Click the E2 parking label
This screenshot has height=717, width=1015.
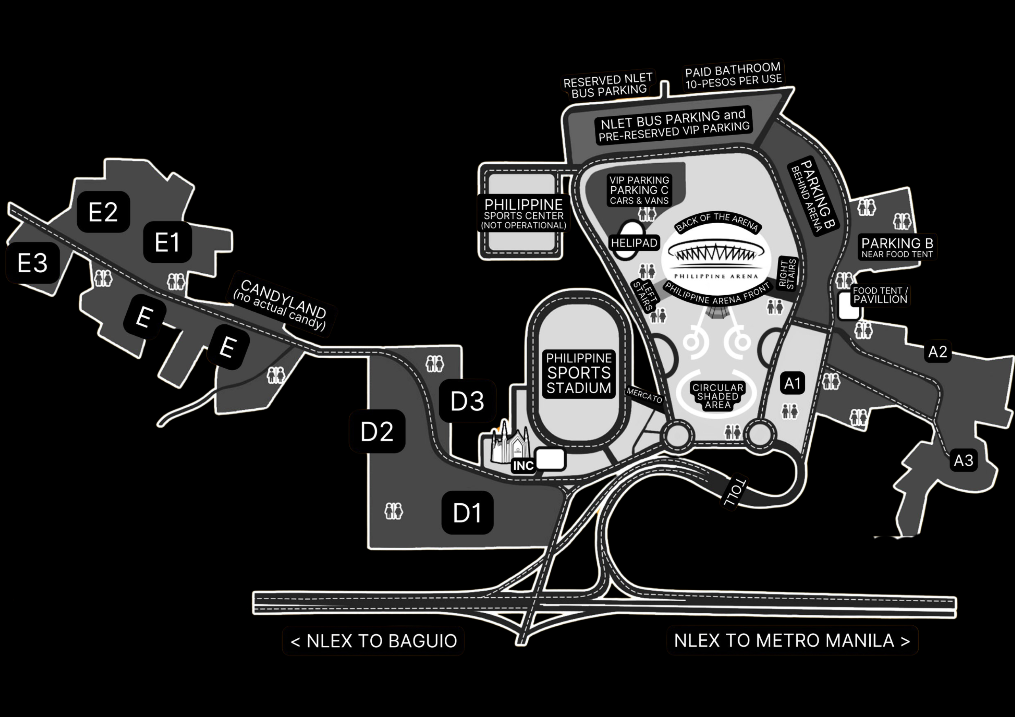pos(103,212)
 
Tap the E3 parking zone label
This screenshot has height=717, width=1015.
pos(32,263)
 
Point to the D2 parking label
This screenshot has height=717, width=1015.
pos(377,432)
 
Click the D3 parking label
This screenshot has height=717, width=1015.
pos(467,401)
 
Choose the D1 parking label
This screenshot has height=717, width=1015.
pos(467,513)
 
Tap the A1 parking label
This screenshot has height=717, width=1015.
pos(792,383)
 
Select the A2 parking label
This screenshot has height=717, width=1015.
pos(938,352)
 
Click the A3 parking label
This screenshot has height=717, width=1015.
pos(964,461)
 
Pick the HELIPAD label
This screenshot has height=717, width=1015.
pos(634,243)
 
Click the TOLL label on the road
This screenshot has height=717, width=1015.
pos(734,492)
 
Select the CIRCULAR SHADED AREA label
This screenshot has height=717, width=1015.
pos(718,396)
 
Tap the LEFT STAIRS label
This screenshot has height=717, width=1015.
pos(644,295)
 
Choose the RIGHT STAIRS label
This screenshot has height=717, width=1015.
pos(788,274)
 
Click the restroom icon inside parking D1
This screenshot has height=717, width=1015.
pos(393,511)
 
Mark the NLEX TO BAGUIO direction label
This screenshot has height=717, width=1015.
pos(373,641)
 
